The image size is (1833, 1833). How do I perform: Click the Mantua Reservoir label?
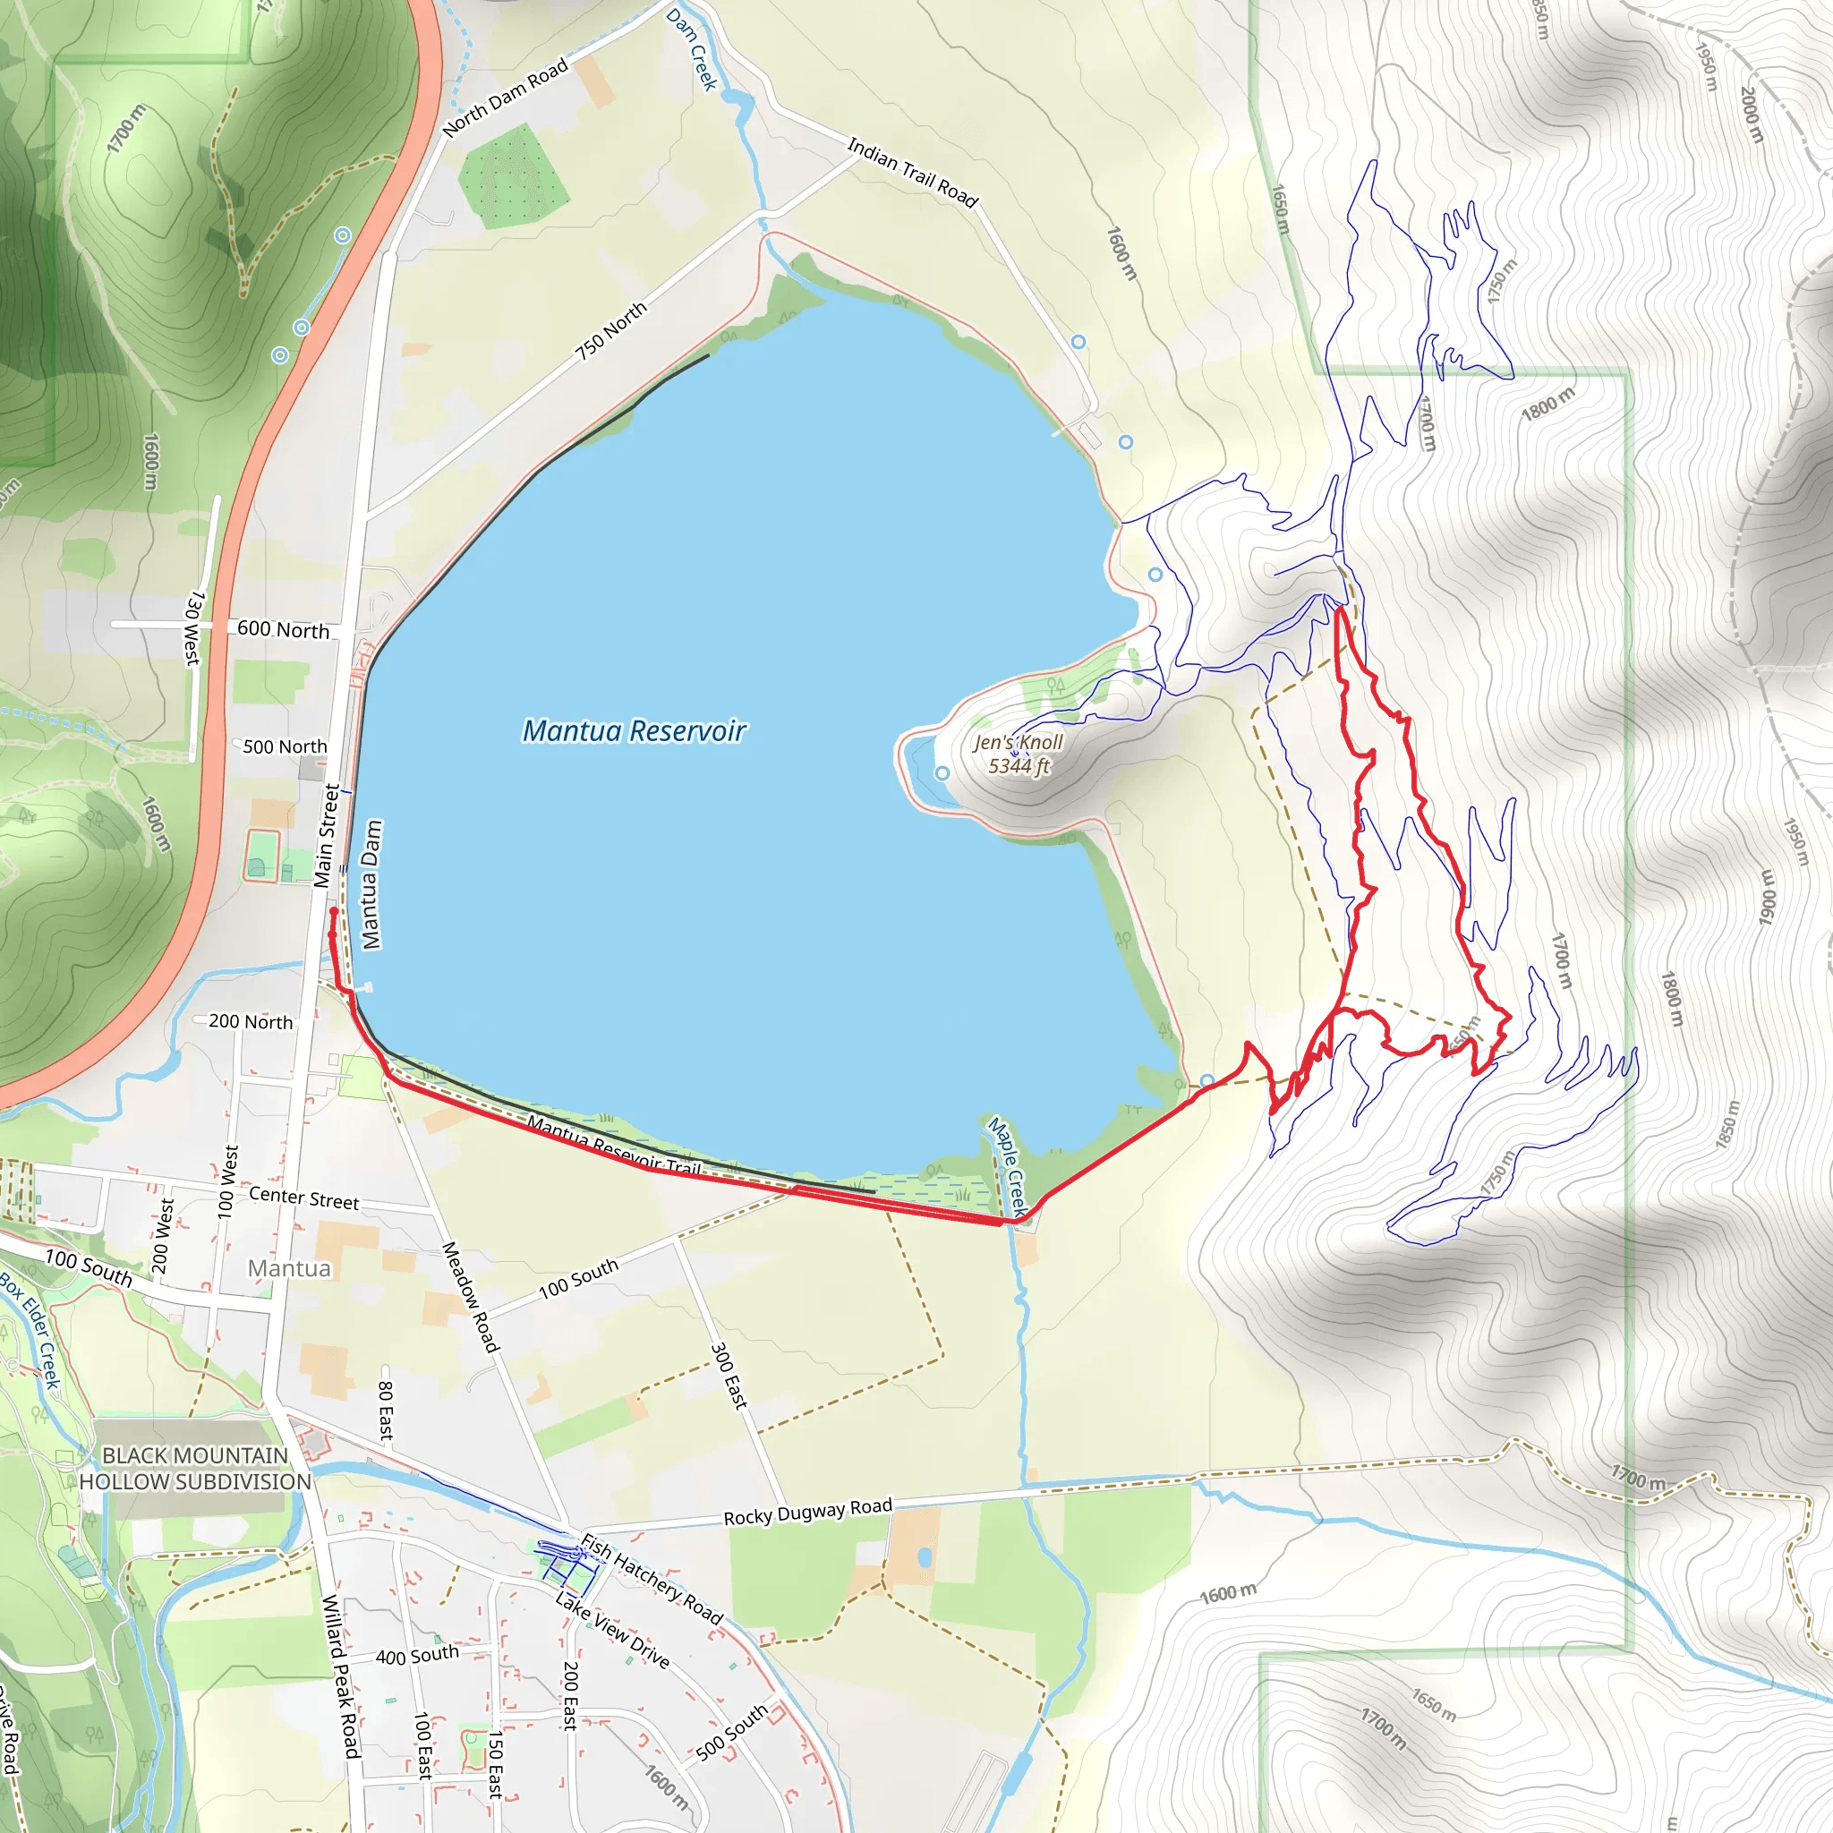pos(634,731)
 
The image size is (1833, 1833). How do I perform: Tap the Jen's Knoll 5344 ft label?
pos(1018,755)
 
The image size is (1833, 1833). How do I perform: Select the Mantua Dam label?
pos(372,884)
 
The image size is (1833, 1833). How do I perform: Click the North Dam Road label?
pos(505,98)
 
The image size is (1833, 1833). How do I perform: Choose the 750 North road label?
pos(611,331)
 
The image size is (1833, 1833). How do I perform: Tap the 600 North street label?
pos(283,630)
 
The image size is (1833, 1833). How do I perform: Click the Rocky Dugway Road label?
pos(807,1512)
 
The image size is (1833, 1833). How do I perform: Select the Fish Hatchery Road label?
pos(652,1579)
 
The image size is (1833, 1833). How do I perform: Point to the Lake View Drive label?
pos(612,1631)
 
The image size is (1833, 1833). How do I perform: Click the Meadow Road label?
pos(471,1296)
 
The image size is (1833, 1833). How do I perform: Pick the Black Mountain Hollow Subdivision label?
pos(194,1469)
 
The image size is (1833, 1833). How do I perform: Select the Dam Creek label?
pos(692,49)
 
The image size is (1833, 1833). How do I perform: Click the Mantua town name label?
pos(289,1269)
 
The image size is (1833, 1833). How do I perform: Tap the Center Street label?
pos(303,1198)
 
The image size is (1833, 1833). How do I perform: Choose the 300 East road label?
pos(729,1376)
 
